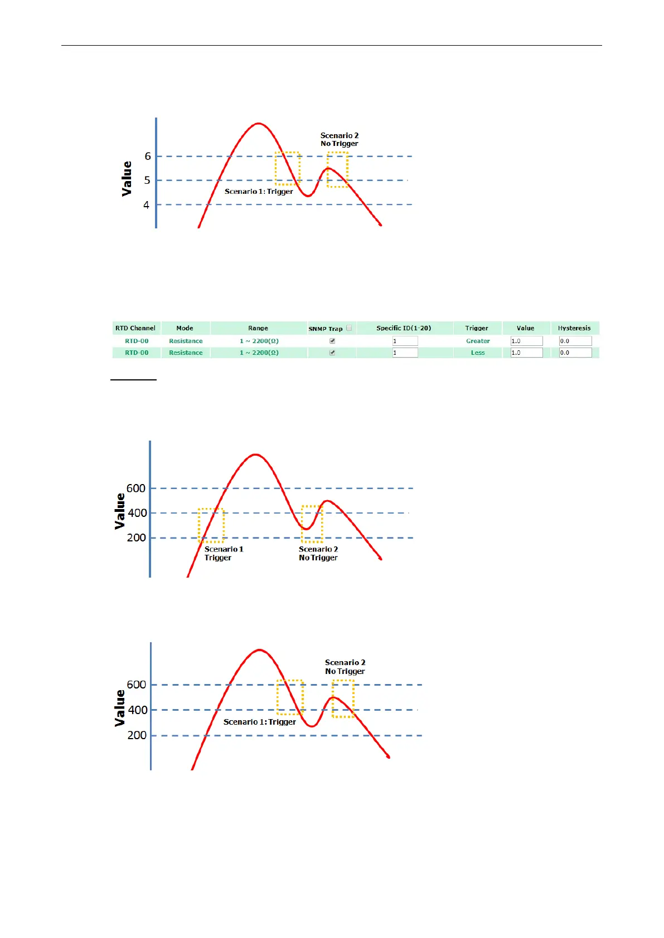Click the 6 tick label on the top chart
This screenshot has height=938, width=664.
tap(148, 157)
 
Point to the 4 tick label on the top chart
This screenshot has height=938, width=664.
tap(146, 205)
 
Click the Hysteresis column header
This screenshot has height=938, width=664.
tap(574, 328)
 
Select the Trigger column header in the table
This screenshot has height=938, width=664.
tap(477, 328)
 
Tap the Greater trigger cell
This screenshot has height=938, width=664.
tap(478, 341)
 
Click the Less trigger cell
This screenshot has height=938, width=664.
tap(478, 353)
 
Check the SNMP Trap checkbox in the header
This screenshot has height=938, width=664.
tap(349, 328)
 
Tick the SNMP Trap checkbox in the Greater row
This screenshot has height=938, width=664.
tap(332, 341)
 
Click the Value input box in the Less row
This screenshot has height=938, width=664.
tap(526, 353)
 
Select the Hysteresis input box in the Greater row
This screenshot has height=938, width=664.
tap(575, 341)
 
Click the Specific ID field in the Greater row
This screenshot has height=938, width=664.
tap(405, 341)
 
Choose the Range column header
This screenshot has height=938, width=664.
tap(258, 328)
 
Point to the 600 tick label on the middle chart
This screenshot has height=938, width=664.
tap(135, 488)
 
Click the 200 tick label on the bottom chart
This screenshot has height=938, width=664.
tap(137, 735)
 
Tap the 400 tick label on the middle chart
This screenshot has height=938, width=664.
tap(137, 513)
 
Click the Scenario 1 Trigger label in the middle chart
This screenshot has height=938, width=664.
tap(223, 553)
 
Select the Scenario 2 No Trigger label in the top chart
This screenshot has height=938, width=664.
tap(340, 139)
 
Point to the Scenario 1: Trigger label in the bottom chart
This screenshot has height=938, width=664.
tap(259, 722)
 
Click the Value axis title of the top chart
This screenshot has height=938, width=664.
tap(127, 178)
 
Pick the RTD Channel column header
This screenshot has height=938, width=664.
tap(135, 328)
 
